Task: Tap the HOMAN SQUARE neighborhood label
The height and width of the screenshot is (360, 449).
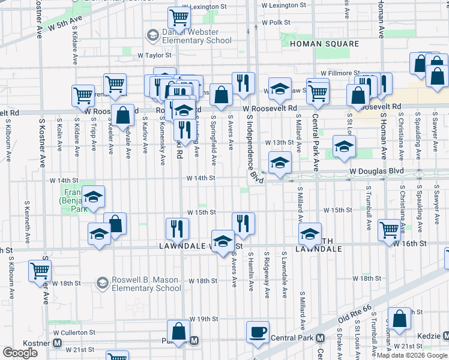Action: click(324, 44)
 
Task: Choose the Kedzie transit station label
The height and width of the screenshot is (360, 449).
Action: click(428, 337)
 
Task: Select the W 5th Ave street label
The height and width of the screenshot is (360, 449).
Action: click(65, 23)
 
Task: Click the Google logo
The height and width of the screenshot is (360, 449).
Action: click(20, 353)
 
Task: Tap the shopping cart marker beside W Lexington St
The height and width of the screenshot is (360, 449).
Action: click(179, 17)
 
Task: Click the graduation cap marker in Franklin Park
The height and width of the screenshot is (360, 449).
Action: click(93, 197)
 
